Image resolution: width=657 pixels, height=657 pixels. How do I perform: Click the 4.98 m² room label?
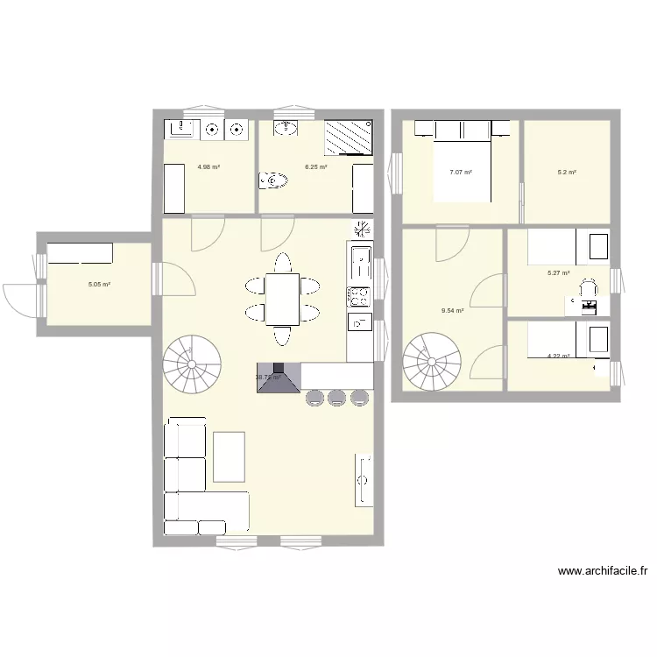tap(208, 166)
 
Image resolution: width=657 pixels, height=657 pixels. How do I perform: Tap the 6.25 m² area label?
tap(315, 166)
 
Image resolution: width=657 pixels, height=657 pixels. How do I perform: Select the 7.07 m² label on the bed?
tap(461, 173)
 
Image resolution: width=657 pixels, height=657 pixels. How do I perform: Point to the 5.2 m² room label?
tap(567, 173)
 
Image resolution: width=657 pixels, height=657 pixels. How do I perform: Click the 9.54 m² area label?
tap(453, 310)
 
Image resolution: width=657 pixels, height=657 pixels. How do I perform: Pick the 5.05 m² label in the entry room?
tap(99, 285)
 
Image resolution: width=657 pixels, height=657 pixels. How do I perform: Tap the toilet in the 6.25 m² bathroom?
tap(274, 181)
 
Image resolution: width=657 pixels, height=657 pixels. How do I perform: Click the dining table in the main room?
tap(282, 299)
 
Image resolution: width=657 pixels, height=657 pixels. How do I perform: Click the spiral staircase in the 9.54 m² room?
tap(432, 361)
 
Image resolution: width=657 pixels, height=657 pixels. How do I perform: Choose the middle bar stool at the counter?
tap(336, 399)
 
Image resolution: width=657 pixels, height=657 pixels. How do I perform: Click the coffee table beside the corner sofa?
tap(229, 456)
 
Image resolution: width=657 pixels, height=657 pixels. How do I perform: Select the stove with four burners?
tap(359, 295)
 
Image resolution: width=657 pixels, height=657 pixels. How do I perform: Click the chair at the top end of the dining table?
tap(282, 263)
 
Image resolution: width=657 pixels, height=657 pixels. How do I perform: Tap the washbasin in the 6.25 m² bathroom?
tap(286, 130)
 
